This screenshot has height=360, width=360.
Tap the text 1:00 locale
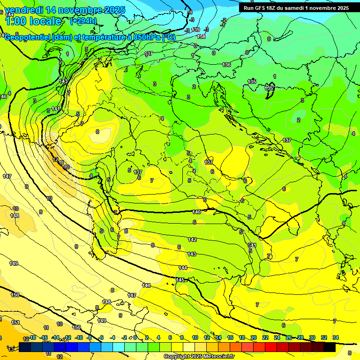tap(33, 21)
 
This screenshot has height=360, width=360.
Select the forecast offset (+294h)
tap(83, 21)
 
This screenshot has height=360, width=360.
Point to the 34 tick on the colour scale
tap(335, 337)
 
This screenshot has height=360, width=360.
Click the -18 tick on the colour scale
tap(32, 337)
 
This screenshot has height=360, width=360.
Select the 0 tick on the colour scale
tap(135, 337)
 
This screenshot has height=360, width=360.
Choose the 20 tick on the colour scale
tap(254, 337)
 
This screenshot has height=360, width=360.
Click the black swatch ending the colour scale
tap(330, 347)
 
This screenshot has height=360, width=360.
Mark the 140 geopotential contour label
tap(196, 212)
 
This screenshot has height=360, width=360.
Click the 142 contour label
tap(192, 240)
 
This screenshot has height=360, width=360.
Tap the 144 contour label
tap(183, 268)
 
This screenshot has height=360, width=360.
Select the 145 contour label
tap(180, 280)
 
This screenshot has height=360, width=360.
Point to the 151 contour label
tap(15, 322)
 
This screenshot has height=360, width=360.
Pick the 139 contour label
tap(195, 30)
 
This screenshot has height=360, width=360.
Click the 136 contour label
tap(226, 65)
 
